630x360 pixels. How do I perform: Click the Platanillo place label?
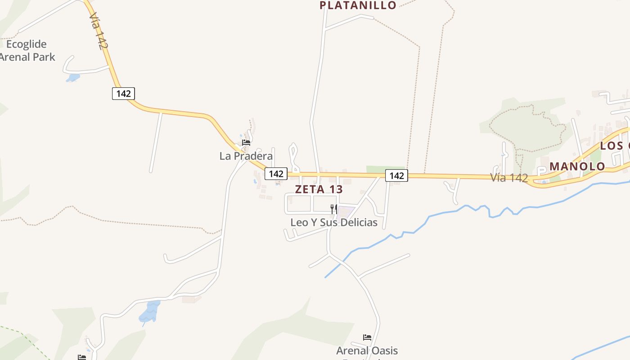(358, 5)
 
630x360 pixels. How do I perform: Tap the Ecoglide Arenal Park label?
(27, 50)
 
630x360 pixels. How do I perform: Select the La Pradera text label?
(246, 156)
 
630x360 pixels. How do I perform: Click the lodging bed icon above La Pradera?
(246, 143)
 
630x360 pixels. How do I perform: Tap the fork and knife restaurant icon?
(334, 209)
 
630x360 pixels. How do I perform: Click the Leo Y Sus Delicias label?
(334, 222)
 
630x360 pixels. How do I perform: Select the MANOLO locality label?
(577, 166)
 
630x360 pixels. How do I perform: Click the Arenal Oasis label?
(367, 351)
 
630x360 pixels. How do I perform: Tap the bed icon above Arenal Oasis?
(367, 337)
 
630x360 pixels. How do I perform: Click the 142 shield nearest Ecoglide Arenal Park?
(123, 94)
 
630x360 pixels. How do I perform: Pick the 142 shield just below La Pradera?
(276, 174)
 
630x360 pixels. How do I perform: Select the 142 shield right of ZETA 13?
(396, 175)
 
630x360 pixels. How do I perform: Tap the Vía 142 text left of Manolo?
(509, 178)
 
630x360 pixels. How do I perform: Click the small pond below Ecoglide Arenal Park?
(72, 78)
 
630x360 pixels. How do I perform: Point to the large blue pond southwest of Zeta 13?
(150, 312)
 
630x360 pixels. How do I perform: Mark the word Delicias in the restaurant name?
(359, 222)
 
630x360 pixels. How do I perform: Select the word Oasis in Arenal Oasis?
(383, 351)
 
